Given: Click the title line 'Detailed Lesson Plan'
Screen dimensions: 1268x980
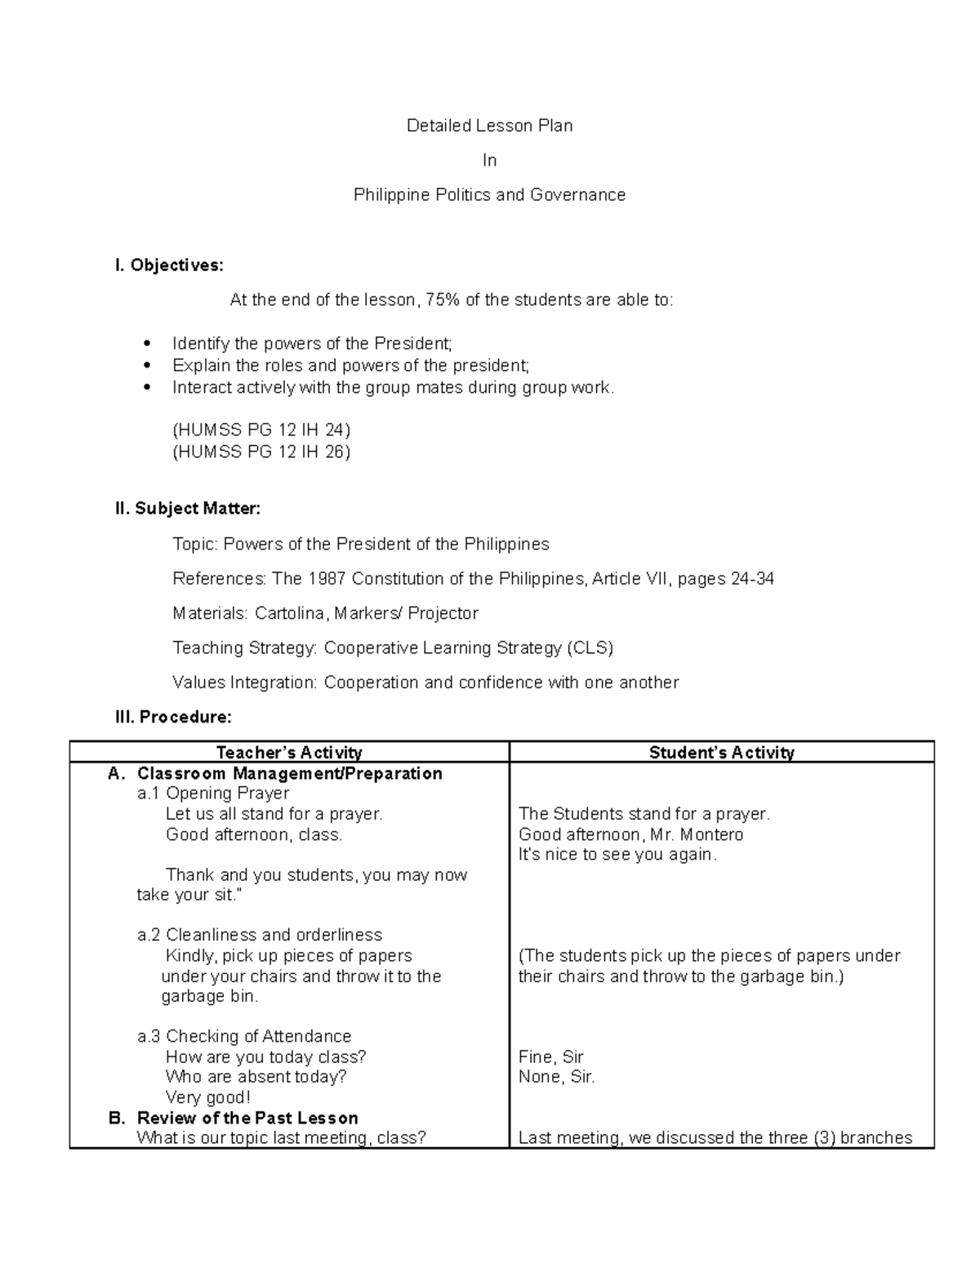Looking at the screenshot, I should coord(489,126).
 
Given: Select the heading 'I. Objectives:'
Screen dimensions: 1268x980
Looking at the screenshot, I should coord(168,265).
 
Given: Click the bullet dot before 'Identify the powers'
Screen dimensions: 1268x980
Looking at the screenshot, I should coord(147,344).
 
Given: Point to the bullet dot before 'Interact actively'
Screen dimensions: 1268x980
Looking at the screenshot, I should coord(147,388).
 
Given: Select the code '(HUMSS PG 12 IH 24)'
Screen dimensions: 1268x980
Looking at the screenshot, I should coord(261,430).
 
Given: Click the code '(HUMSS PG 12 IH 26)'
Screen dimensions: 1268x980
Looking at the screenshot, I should coord(261,452).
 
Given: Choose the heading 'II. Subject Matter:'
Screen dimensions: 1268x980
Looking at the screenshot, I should coord(188,509).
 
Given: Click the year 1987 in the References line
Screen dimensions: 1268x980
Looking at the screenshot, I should coord(327,579).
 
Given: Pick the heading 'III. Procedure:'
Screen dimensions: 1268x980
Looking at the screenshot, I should coord(173,717).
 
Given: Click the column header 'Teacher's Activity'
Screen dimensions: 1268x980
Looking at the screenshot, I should coord(289,753).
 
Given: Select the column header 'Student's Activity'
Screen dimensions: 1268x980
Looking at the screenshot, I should coord(721,753).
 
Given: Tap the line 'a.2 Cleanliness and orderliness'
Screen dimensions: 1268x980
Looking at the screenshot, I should coord(260,935).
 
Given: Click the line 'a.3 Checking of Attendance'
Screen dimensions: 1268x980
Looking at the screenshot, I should coord(244,1036).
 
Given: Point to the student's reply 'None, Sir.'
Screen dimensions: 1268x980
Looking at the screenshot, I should coord(556,1077).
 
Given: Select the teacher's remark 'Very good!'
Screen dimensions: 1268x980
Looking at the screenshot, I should coord(207,1097).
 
